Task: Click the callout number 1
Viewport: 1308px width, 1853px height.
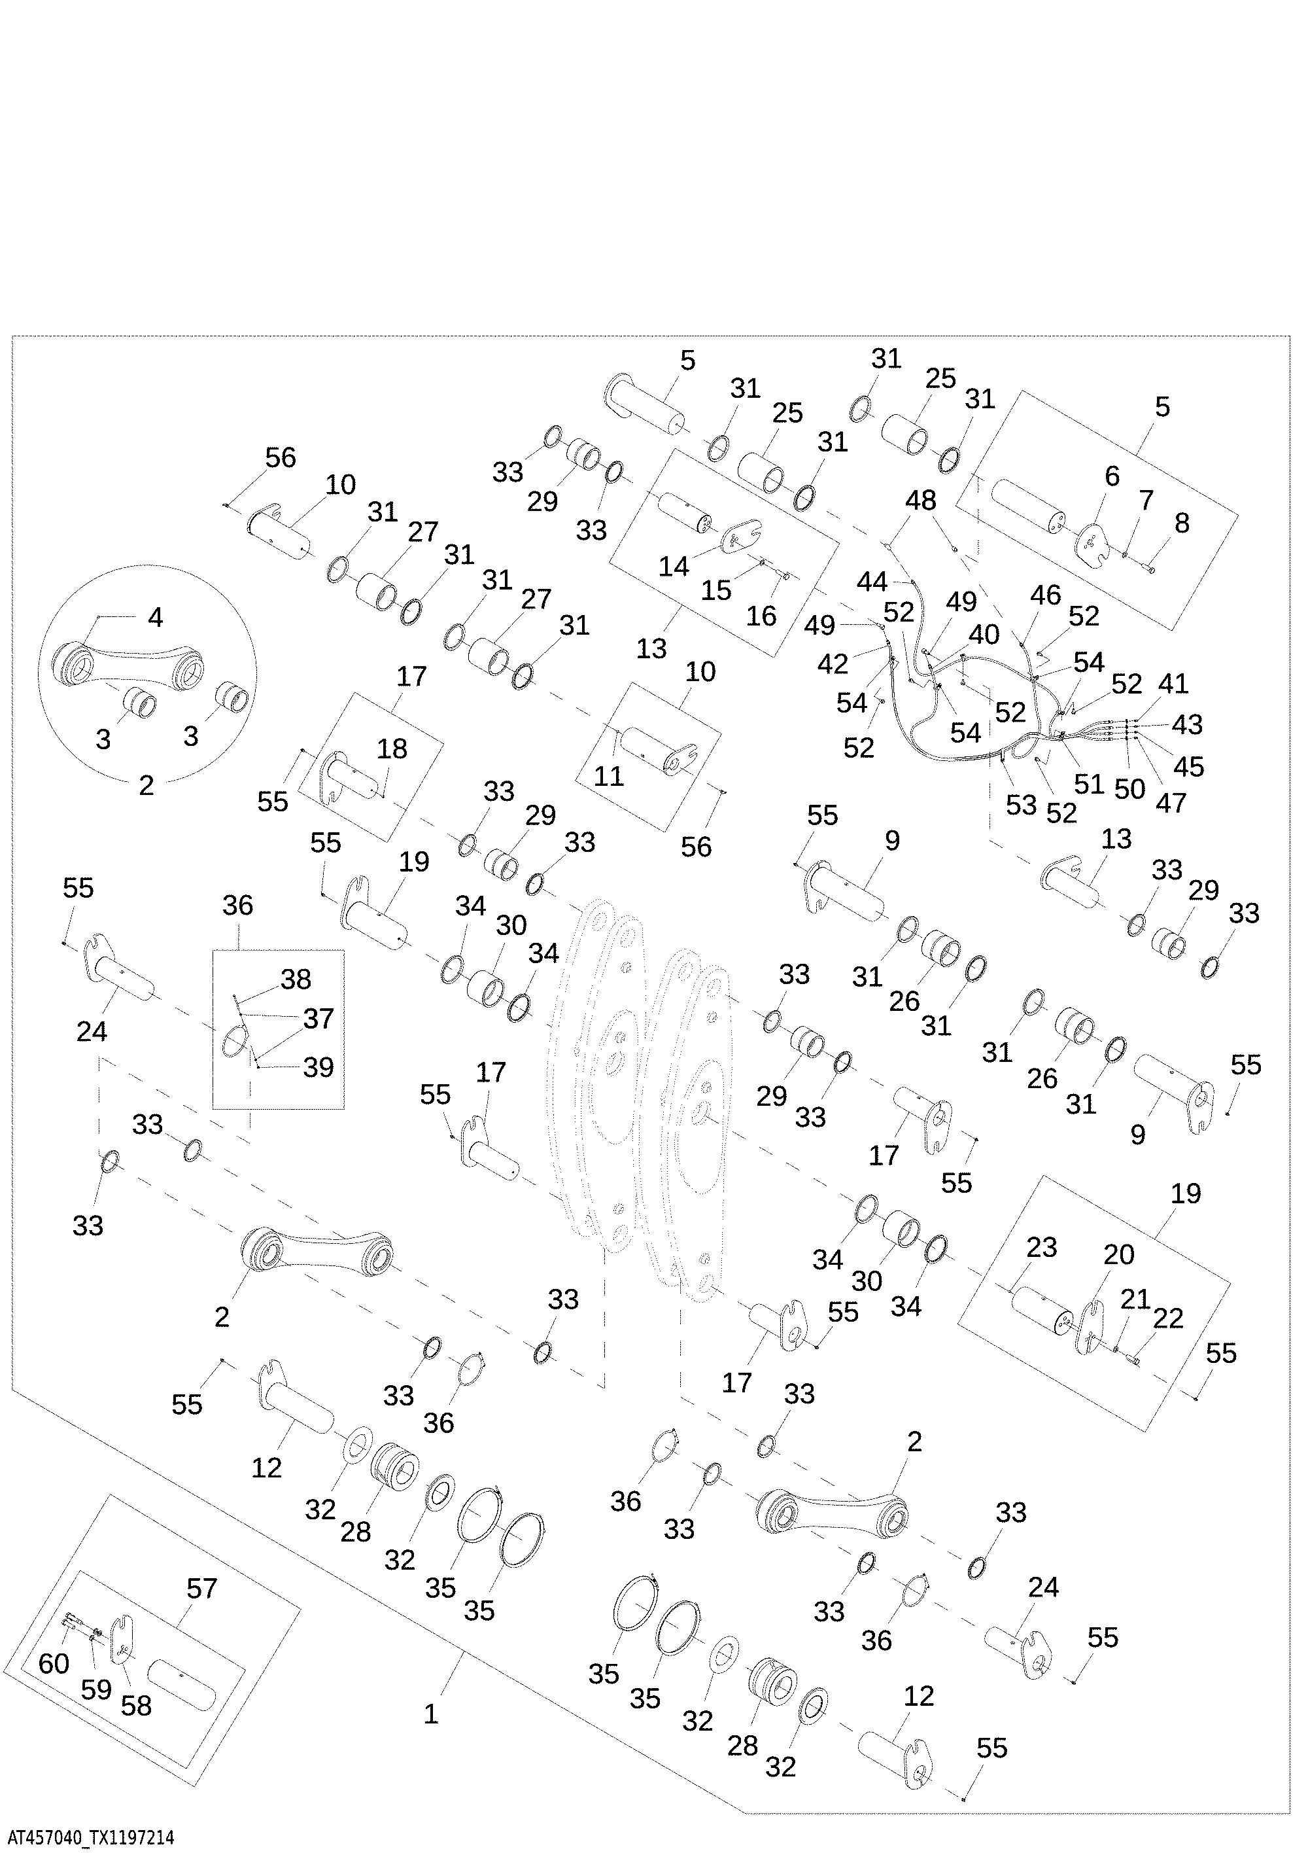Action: pos(431,1714)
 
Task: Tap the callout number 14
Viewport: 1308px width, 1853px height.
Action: pos(673,566)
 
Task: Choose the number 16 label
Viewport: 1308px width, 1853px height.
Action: pos(761,616)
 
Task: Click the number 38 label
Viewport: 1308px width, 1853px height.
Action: pos(296,979)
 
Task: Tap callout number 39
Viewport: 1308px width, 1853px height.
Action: pos(318,1067)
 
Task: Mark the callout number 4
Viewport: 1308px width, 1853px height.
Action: pos(155,618)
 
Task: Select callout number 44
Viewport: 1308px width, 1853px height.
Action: pos(873,581)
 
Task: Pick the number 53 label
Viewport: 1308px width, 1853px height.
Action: pos(1021,805)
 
